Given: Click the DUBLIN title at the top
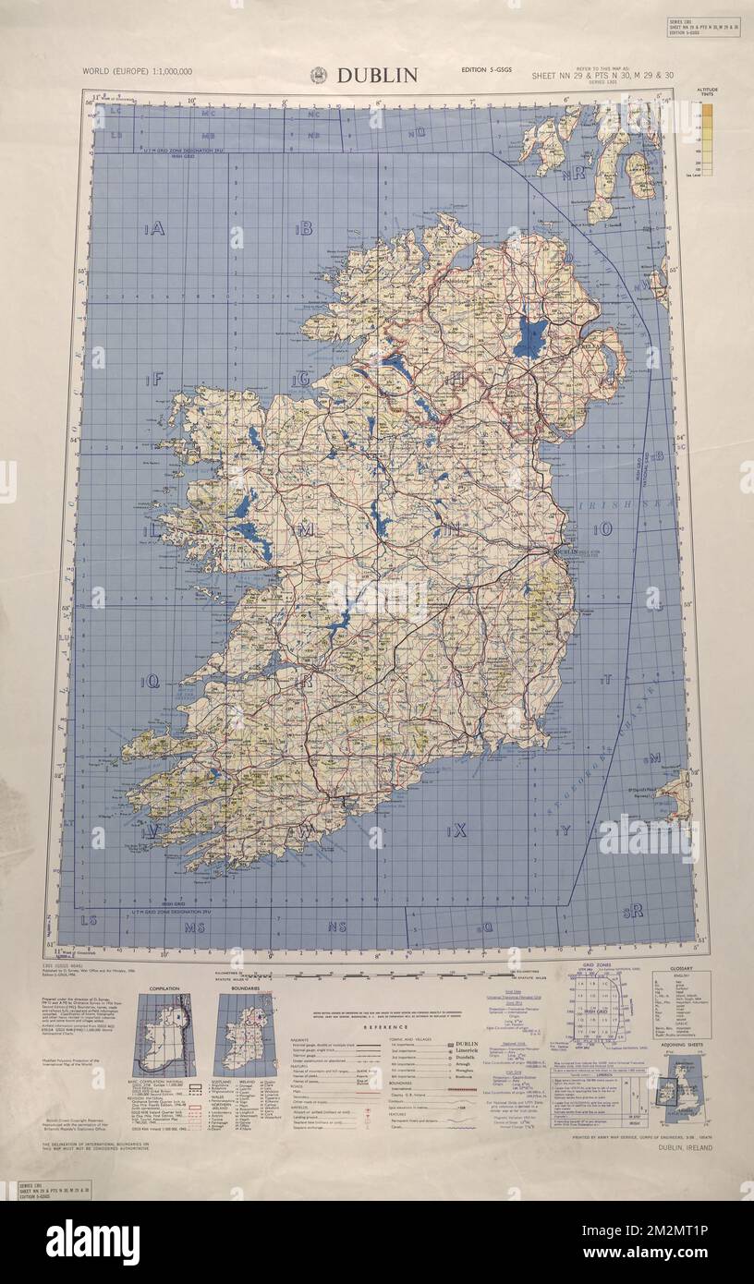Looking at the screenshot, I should pos(377,76).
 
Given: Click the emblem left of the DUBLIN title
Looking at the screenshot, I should pos(319,76).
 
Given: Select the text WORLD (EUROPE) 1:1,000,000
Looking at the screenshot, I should pos(137,71).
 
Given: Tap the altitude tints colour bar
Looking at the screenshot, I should pos(707,139).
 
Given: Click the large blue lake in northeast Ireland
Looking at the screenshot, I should pos(529,337).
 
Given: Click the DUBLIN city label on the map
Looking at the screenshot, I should pos(565,551).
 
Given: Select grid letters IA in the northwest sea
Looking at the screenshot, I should pos(153,229).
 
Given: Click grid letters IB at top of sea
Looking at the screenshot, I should pos(303,229).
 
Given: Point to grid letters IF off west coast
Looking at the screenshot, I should pos(153,378).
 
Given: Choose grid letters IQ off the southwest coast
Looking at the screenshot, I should pos(150,682).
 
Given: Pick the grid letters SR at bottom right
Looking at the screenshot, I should pos(633,912).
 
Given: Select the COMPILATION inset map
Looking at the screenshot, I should pos(164,1035).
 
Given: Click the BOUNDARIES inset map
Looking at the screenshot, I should pos(244,1035).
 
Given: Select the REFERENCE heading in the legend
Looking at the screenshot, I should pos(379,1026).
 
